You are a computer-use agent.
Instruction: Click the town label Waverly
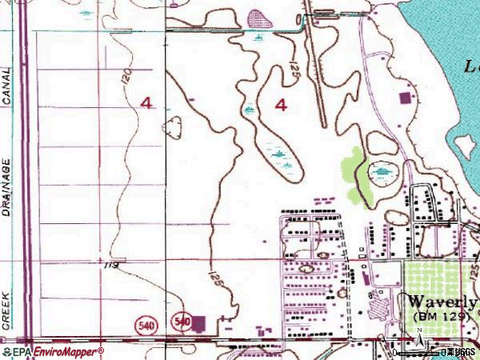(442, 302)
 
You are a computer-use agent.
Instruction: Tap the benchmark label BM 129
(439, 318)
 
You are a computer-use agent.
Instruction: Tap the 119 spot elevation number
(113, 264)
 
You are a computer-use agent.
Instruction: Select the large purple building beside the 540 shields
(199, 323)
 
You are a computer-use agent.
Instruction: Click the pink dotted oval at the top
(257, 18)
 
